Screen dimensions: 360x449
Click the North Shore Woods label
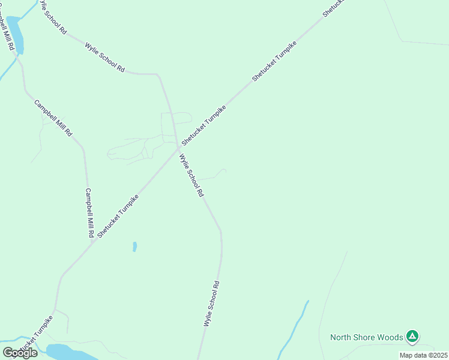coord(366,337)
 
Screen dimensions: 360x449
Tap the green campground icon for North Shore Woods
coord(412,337)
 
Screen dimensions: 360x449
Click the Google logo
coord(20,352)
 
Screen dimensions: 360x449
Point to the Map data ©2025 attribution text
coord(423,355)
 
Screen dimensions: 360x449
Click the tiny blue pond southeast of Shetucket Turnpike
coord(134,246)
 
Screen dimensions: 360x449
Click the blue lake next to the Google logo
coord(69,352)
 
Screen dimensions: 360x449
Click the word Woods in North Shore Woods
coord(390,337)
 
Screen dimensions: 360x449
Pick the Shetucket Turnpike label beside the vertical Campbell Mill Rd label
coord(118,215)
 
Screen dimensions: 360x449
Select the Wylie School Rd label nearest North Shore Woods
coord(212,303)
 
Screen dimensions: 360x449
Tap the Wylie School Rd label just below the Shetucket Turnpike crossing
coord(192,175)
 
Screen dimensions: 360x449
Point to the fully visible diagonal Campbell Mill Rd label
coord(53,118)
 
